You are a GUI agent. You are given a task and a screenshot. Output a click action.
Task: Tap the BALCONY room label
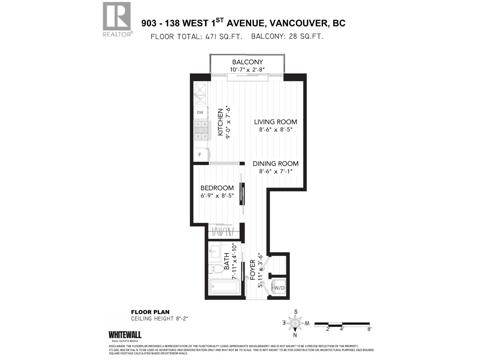coord(247,62)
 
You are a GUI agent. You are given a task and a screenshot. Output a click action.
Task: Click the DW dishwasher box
coord(200,113)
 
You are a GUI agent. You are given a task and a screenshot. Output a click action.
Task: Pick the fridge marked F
coord(200,155)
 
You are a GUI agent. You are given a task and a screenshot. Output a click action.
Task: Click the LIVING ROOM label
coord(275,122)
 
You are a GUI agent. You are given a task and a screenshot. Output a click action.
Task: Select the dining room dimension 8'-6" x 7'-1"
coord(275,171)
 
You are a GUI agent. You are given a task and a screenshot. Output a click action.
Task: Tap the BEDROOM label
coord(217,188)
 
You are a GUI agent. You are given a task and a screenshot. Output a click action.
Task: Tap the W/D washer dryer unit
coord(279,288)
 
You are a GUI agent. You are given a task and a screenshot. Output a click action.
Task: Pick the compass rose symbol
coord(295,323)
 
